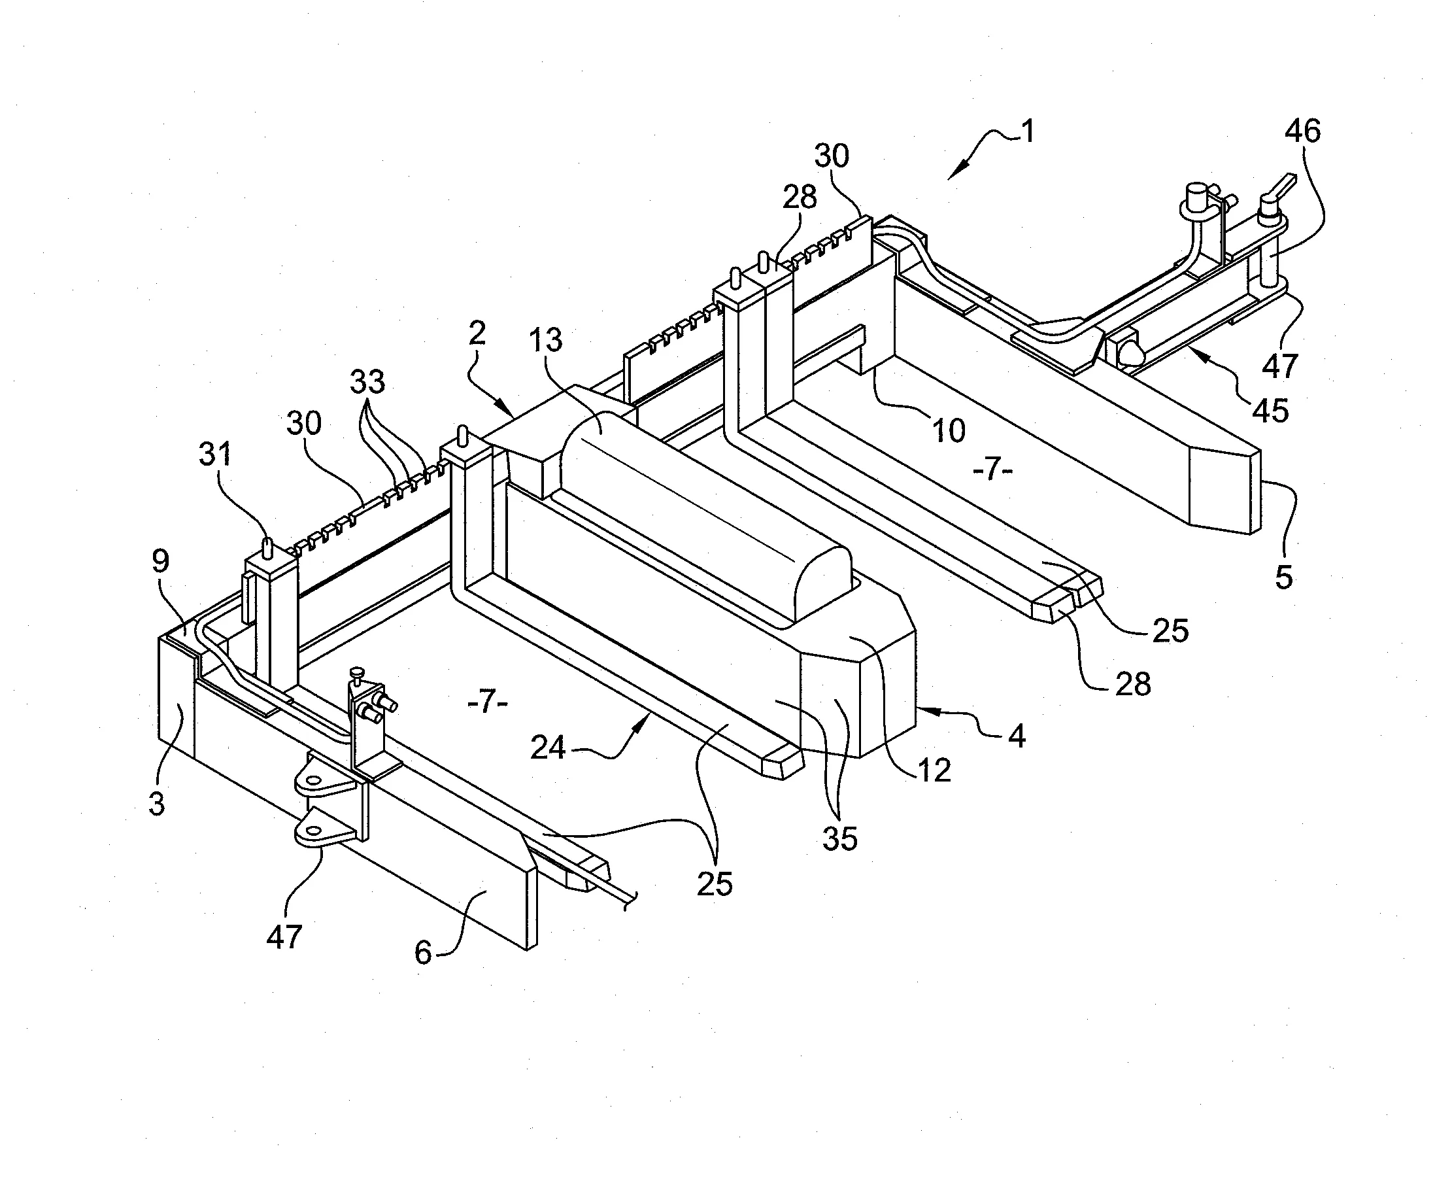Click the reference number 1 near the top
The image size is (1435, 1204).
(1028, 131)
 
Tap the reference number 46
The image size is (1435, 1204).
(1302, 130)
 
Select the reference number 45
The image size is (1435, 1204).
(1270, 411)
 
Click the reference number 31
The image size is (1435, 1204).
(215, 454)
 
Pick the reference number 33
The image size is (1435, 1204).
(367, 382)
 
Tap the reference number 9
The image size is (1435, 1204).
(160, 561)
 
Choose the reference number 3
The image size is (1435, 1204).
(156, 804)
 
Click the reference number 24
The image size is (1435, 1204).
(549, 748)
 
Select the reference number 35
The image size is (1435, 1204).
(839, 839)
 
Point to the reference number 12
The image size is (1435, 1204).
(934, 771)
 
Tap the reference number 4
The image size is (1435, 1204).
(1017, 736)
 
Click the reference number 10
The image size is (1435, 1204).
(949, 430)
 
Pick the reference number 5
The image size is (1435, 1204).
(1284, 577)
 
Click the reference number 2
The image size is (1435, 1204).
(477, 333)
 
